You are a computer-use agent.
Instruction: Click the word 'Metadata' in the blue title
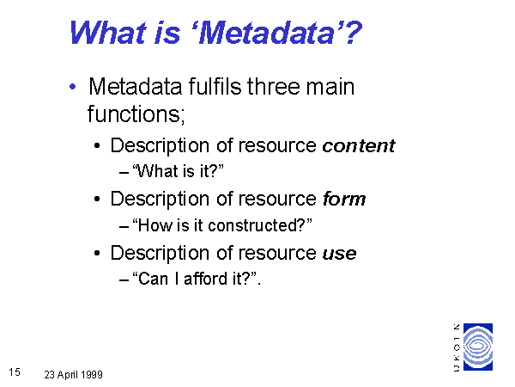click(267, 33)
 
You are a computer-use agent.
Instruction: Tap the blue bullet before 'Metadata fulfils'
click(73, 87)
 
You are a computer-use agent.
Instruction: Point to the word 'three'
click(273, 87)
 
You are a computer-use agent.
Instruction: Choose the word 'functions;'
click(136, 114)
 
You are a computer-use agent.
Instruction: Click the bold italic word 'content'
click(359, 146)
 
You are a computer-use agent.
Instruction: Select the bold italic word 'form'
click(344, 199)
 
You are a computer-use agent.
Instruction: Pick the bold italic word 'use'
click(340, 254)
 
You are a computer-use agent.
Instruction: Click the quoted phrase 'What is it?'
click(178, 171)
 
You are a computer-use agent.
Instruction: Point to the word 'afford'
click(206, 279)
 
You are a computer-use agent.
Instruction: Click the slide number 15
click(15, 372)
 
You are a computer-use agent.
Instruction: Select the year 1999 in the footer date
click(92, 374)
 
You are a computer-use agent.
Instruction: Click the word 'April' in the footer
click(68, 375)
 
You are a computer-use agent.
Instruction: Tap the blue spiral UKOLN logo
click(478, 347)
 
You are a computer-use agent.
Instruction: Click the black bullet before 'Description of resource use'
click(97, 254)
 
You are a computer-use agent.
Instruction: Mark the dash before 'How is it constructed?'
click(124, 226)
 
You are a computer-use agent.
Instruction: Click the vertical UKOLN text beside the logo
click(457, 347)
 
